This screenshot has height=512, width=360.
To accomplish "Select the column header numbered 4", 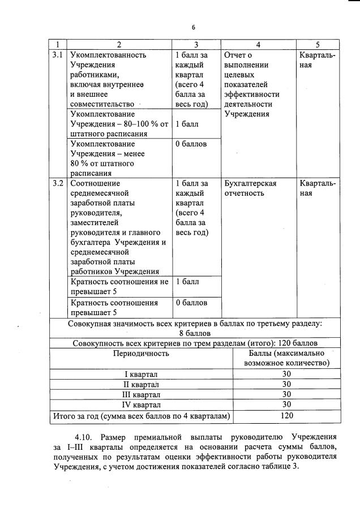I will [x=258, y=44].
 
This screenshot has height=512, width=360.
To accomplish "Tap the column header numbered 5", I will [x=318, y=44].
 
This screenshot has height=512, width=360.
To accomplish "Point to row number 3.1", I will [x=57, y=55].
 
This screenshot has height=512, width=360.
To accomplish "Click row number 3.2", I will [x=57, y=184].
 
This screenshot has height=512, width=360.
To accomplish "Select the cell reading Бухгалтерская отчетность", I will [x=250, y=188].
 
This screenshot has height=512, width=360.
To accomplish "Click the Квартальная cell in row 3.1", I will [x=317, y=60].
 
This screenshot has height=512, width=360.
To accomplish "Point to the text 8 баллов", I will [x=195, y=333].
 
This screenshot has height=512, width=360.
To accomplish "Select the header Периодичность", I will [x=141, y=354].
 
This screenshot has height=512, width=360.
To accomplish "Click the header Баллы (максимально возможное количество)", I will [x=286, y=358].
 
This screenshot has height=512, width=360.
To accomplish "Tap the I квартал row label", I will [x=141, y=375].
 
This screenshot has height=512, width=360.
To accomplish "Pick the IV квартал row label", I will [x=141, y=405].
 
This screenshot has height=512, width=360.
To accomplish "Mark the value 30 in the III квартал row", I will [x=286, y=395].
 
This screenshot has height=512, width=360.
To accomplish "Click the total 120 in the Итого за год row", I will [x=286, y=416].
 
